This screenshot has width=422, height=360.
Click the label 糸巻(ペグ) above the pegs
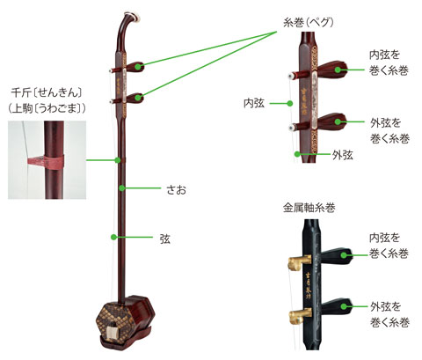click(x=309, y=23)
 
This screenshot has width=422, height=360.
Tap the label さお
click(x=176, y=190)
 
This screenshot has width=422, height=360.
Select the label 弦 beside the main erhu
click(x=164, y=239)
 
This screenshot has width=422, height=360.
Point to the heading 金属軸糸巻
click(x=309, y=208)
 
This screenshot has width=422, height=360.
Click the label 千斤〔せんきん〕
click(x=47, y=92)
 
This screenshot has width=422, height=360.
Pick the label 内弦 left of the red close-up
click(x=254, y=103)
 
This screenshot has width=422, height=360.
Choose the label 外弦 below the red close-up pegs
click(x=342, y=155)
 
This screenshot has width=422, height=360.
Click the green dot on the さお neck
click(x=122, y=187)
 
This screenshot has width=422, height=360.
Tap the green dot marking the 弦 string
click(x=113, y=237)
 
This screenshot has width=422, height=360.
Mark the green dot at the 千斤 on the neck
click(x=118, y=160)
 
